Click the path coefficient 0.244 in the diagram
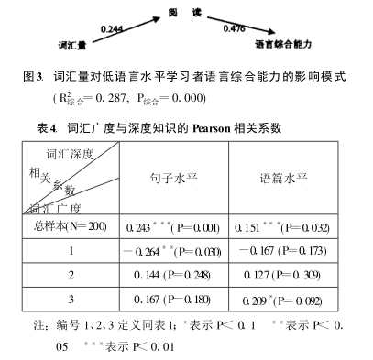point(111,29)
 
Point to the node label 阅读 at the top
point(179,8)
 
